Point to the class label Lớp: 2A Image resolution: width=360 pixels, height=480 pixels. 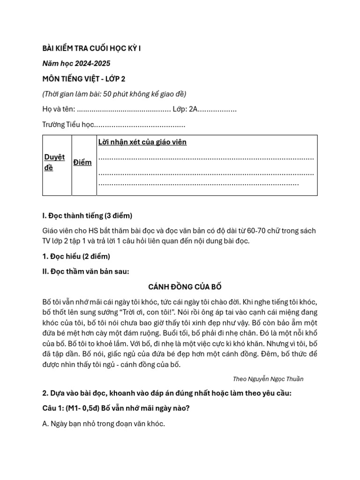click(x=185, y=109)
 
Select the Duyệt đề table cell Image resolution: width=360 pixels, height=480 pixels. click(x=54, y=162)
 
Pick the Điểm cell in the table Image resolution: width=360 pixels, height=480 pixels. click(x=82, y=162)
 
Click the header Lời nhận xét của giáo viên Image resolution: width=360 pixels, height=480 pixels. click(x=142, y=142)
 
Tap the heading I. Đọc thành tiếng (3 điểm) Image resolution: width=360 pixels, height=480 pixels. click(x=87, y=216)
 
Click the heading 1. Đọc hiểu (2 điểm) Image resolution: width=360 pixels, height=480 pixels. click(x=76, y=256)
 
